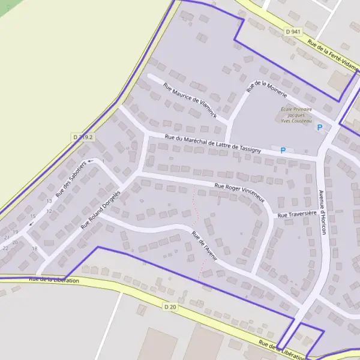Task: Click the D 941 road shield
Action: click(x=293, y=31)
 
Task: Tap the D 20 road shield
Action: click(x=170, y=307)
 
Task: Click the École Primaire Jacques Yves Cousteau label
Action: click(x=296, y=115)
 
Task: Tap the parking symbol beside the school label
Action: click(x=320, y=127)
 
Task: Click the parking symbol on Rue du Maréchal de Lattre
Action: click(x=283, y=150)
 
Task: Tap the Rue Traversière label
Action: click(x=296, y=214)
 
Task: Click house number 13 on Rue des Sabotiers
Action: click(x=49, y=201)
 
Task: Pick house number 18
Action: click(x=34, y=248)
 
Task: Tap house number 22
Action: click(x=5, y=247)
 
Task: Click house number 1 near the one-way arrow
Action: click(x=103, y=161)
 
